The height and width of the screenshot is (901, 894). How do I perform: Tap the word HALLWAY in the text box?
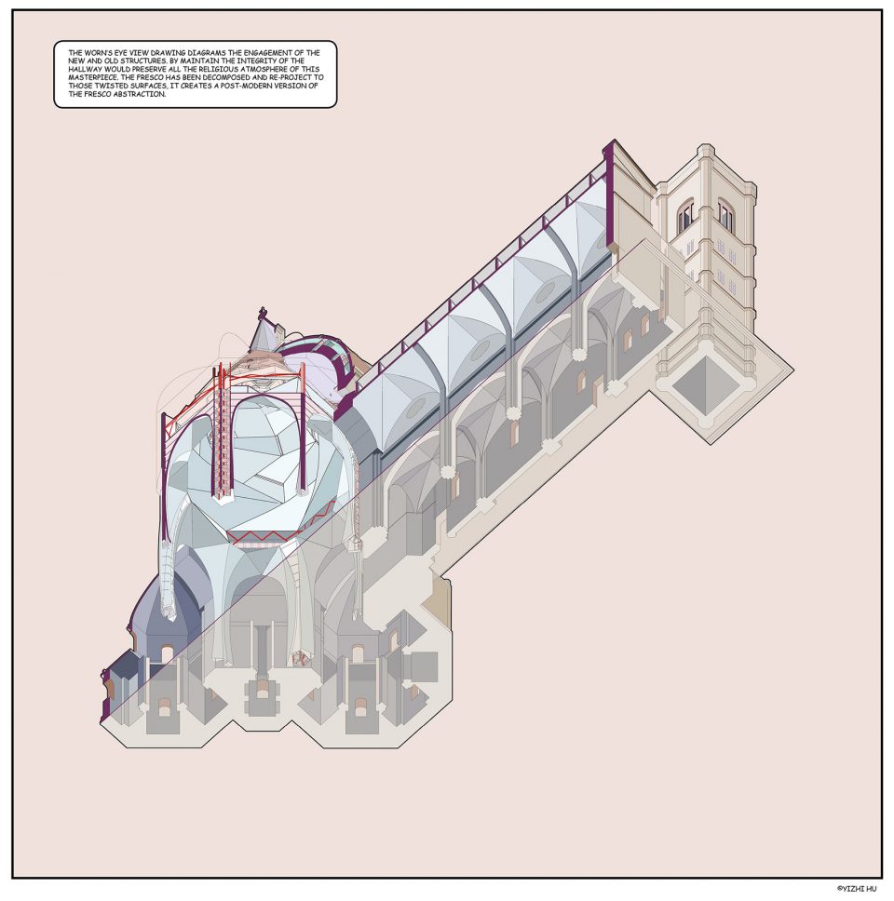(85, 69)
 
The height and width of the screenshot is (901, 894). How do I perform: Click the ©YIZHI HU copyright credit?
(857, 888)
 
